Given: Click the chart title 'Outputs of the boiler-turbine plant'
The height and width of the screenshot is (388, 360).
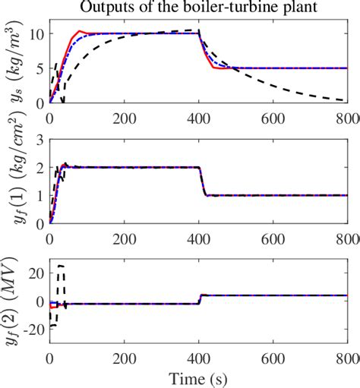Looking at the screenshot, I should (x=200, y=8).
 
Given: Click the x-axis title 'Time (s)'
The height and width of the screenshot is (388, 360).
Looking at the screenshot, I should (x=200, y=378).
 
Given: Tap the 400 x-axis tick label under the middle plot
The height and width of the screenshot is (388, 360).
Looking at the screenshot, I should (x=199, y=236).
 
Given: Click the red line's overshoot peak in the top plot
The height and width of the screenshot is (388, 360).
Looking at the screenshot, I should (x=78, y=31).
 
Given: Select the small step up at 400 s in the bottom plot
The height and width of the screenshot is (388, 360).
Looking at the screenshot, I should (x=201, y=298).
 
